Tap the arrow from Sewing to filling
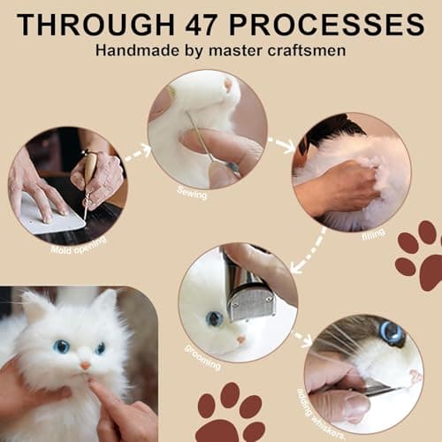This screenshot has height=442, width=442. pyautogui.click(x=281, y=143)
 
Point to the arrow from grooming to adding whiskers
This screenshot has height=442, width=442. pyautogui.click(x=302, y=339)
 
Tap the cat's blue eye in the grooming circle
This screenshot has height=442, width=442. pyautogui.click(x=215, y=317)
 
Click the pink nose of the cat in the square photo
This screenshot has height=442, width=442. pyautogui.click(x=86, y=363)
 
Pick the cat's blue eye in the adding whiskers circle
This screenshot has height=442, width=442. pyautogui.click(x=392, y=333)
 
